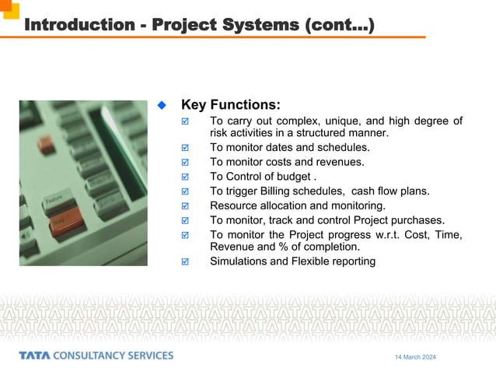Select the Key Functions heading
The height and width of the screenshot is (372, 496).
(x=230, y=105)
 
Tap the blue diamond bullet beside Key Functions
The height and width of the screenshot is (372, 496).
(x=162, y=104)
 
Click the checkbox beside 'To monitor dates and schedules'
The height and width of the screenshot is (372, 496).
(x=184, y=148)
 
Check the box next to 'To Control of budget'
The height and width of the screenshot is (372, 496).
(x=184, y=177)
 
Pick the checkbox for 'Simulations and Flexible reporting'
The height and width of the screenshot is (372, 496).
(x=184, y=262)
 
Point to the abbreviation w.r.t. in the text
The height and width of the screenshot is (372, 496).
(x=368, y=234)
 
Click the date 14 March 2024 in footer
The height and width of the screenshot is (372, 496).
(x=415, y=356)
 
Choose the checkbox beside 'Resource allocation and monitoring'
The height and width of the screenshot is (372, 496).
(x=184, y=206)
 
